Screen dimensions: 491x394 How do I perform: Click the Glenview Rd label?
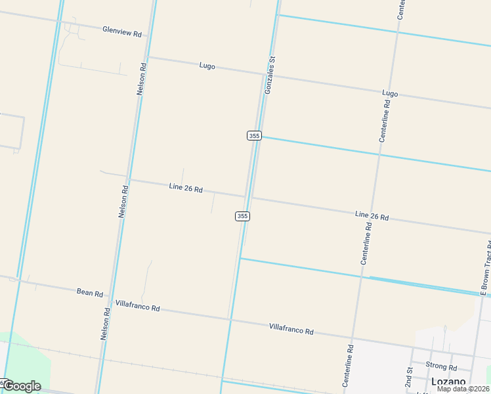[122, 31]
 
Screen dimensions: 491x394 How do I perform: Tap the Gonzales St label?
[270, 74]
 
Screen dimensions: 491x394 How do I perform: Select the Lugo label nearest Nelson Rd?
[207, 66]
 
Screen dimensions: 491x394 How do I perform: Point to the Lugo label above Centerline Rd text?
[390, 93]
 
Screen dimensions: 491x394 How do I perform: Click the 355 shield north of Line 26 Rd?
[255, 135]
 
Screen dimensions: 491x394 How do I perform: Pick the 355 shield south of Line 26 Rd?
[242, 216]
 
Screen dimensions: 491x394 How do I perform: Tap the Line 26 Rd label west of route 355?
[186, 188]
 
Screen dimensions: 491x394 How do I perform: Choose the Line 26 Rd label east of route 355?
[372, 215]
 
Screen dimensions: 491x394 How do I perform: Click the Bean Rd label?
[90, 292]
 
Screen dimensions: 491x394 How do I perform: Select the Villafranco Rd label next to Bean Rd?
[137, 306]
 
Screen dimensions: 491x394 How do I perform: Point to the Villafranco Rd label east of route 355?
[291, 328]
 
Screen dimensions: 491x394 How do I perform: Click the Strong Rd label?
[441, 366]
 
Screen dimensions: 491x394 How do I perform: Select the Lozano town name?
[448, 382]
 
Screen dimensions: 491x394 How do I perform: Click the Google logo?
[22, 386]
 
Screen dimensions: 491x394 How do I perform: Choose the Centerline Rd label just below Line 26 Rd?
[367, 244]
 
